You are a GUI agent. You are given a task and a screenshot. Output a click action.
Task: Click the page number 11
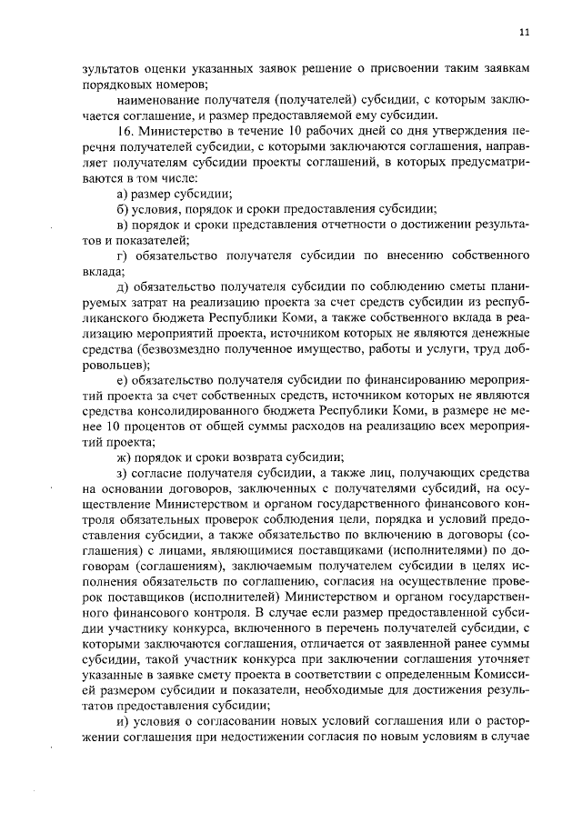point(524,34)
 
